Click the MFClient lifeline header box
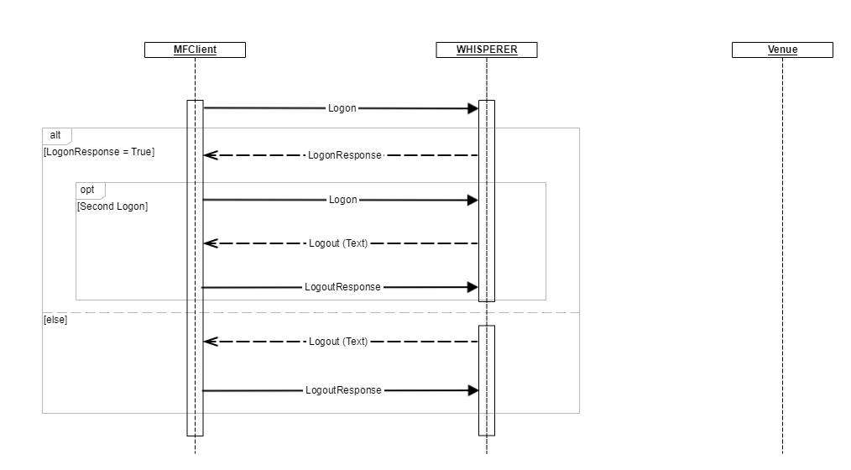(x=195, y=50)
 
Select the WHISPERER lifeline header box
(x=487, y=50)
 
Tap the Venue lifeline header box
(x=782, y=50)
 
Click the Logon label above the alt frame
(x=342, y=108)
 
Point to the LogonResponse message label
(x=344, y=155)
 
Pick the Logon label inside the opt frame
(x=342, y=200)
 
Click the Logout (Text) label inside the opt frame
(x=338, y=243)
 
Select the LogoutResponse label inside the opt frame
(x=342, y=287)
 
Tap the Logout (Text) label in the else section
(x=338, y=342)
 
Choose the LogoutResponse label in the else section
(x=343, y=390)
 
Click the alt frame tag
(x=56, y=135)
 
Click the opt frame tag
(x=88, y=190)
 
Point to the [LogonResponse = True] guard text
(x=99, y=152)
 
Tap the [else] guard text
(x=55, y=320)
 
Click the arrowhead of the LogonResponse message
(x=211, y=155)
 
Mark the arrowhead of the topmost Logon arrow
(x=472, y=108)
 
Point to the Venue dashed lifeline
(x=782, y=252)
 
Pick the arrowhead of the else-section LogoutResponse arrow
(x=472, y=390)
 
